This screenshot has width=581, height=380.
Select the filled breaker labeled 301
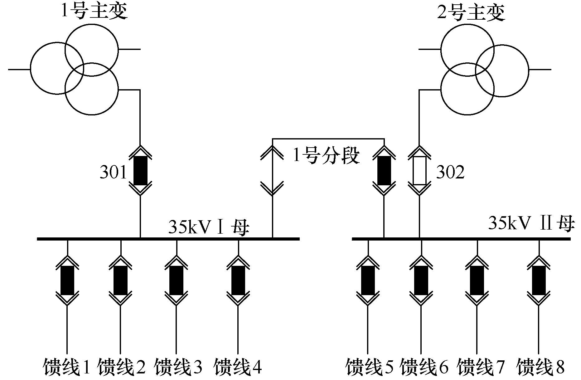pos(140,170)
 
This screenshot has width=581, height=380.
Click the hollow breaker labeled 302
pos(419,170)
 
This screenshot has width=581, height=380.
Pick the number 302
pos(450,172)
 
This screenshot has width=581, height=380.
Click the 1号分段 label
pos(326,155)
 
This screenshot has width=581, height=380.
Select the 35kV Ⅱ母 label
pos(530,223)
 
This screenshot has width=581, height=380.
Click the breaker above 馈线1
pos(67,280)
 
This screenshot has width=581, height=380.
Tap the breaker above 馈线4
pos(238,280)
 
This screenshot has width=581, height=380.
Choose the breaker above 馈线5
pos(368,280)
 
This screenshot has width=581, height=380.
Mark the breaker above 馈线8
pos(539,280)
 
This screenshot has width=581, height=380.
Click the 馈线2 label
pos(121,367)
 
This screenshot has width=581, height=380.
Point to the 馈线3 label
pos(178,367)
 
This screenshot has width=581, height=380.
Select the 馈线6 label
pos(424,367)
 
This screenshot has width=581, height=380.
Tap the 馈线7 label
pos(480,367)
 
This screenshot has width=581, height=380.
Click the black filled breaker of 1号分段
pos(384,170)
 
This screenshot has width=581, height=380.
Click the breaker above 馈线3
pos(176,280)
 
